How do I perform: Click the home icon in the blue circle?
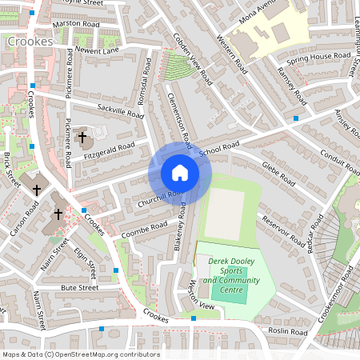pos(180,173)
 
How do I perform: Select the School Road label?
pos(219,150)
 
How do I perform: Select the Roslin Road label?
pos(288,331)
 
